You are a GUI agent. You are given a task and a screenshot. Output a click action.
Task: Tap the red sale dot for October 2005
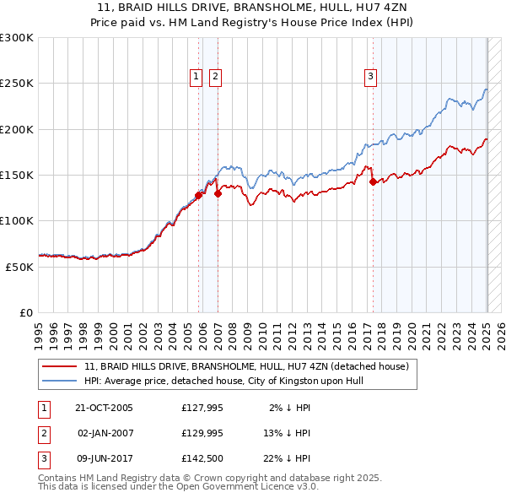tap(199, 195)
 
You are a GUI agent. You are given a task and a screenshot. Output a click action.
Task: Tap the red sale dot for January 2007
tap(218, 193)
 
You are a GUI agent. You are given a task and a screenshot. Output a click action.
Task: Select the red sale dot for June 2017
tap(373, 181)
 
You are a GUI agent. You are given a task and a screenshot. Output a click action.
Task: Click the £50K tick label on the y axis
tap(20, 267)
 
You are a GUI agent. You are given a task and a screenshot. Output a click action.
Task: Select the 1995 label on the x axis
tap(39, 330)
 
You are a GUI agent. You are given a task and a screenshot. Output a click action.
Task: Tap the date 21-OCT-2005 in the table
tap(104, 408)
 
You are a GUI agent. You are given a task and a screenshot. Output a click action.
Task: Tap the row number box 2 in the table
tap(42, 433)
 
